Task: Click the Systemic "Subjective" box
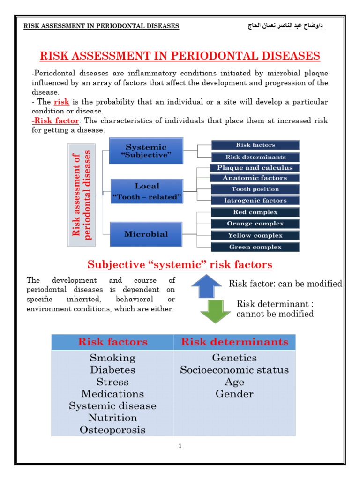point(146,150)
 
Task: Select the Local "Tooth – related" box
point(146,191)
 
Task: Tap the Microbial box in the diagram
point(146,234)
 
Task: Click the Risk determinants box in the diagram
point(255,157)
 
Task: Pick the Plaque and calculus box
point(255,168)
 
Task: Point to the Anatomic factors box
point(255,178)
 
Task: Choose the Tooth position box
point(255,189)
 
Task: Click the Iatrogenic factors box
point(255,201)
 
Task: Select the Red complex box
point(255,212)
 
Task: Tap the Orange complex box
point(255,224)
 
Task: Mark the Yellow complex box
point(255,235)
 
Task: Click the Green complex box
point(255,247)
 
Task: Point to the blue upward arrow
point(207,286)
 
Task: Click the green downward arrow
point(216,311)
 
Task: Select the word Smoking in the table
point(112,358)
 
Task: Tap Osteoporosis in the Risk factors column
point(112,430)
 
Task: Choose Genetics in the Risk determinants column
point(234,358)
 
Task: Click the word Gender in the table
point(234,394)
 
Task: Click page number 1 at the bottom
point(180,446)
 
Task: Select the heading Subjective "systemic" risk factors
point(180,265)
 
